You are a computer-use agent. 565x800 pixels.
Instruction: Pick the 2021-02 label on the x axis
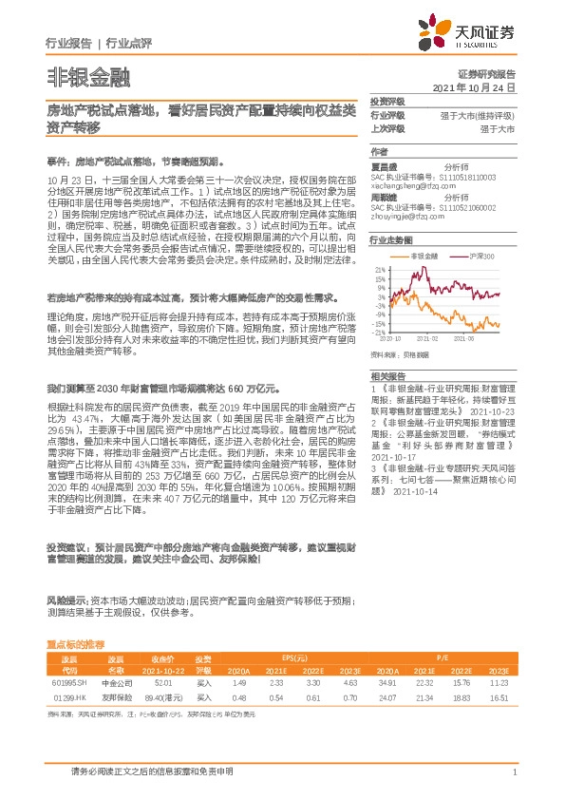[427, 338]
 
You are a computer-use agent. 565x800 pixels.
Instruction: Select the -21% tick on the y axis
[377, 333]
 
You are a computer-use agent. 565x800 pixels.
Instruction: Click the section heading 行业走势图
[389, 240]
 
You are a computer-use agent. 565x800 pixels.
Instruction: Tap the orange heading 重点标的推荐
[83, 644]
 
